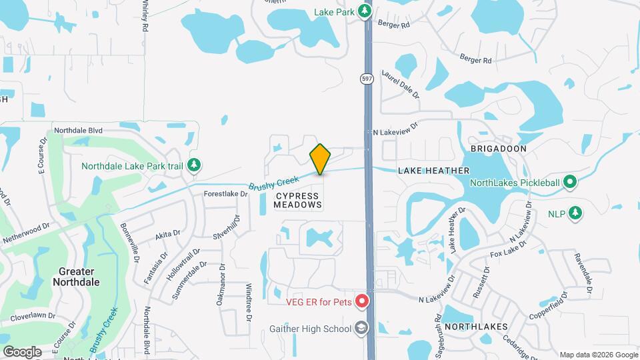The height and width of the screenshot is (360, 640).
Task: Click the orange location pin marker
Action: pyautogui.click(x=320, y=159)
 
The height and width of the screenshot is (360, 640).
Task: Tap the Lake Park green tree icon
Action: pyautogui.click(x=364, y=11)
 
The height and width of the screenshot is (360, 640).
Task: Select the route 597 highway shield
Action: pyautogui.click(x=367, y=79)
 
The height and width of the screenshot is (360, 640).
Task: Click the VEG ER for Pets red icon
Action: pyautogui.click(x=362, y=302)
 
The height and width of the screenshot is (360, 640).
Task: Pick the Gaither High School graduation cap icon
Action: pyautogui.click(x=361, y=328)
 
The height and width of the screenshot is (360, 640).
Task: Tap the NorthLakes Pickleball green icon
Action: pyautogui.click(x=569, y=181)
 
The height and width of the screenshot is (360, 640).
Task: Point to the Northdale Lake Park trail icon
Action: pyautogui.click(x=194, y=165)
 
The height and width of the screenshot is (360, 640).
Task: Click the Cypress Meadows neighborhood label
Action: pyautogui.click(x=297, y=199)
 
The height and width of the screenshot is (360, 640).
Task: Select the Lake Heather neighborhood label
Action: pyautogui.click(x=433, y=171)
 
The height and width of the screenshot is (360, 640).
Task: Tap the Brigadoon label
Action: pyautogui.click(x=499, y=149)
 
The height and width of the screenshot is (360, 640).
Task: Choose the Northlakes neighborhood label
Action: pyautogui.click(x=476, y=327)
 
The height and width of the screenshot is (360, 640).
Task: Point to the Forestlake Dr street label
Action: pyautogui.click(x=226, y=195)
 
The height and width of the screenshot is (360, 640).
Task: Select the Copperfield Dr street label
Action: pyautogui.click(x=546, y=306)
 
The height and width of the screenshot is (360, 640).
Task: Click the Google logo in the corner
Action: pyautogui.click(x=22, y=351)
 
